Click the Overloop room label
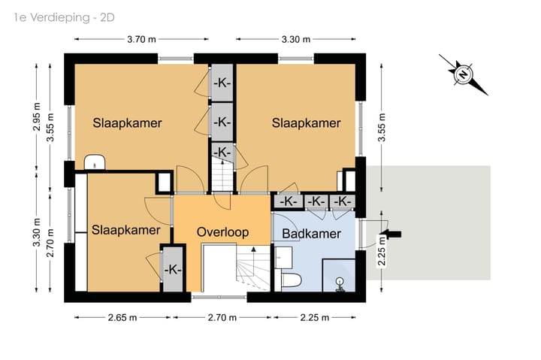tap(222, 232)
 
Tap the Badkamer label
tap(312, 234)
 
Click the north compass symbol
tap(463, 74)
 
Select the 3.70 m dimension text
tap(141, 39)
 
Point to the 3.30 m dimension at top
tap(296, 39)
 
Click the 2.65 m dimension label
tap(122, 318)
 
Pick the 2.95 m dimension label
tap(37, 117)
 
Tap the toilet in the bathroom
tap(292, 280)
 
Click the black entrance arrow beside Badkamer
tap(392, 234)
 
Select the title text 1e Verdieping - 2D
tap(64, 17)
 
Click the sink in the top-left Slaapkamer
tap(95, 162)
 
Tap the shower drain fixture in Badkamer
tap(340, 285)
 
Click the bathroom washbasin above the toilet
tap(283, 258)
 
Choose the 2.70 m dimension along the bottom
tap(222, 318)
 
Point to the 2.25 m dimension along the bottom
tap(314, 318)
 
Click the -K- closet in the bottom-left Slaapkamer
tap(173, 269)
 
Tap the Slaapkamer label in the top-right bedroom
tap(306, 123)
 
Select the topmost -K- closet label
tap(222, 83)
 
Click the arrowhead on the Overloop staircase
tap(254, 249)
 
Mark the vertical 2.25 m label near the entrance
tap(382, 250)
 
